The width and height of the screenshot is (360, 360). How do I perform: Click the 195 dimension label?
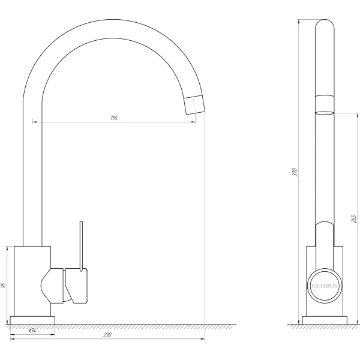click(114, 118)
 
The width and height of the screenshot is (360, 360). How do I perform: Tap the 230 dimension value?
click(107, 335)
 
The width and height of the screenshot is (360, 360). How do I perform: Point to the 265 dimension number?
click(353, 219)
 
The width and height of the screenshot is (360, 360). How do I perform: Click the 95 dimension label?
click(3, 285)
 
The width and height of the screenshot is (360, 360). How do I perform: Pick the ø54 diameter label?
click(32, 331)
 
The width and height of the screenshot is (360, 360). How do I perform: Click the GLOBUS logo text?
click(325, 286)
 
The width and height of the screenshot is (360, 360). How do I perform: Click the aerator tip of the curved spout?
click(194, 104)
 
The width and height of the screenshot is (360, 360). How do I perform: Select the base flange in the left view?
click(32, 320)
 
